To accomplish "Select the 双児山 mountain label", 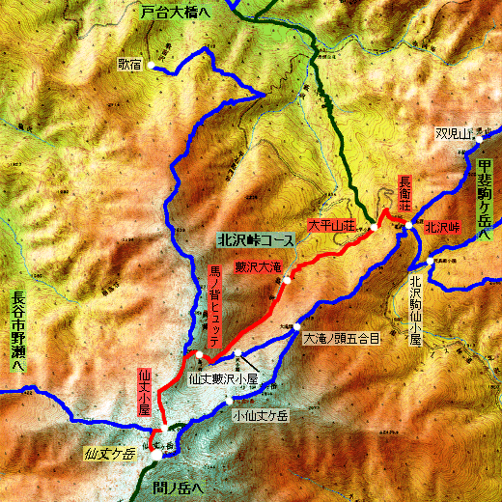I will point(452,133).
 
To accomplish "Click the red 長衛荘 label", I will point(406,194).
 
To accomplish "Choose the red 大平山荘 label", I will point(331,225).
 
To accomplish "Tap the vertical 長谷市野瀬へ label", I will point(18,334).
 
